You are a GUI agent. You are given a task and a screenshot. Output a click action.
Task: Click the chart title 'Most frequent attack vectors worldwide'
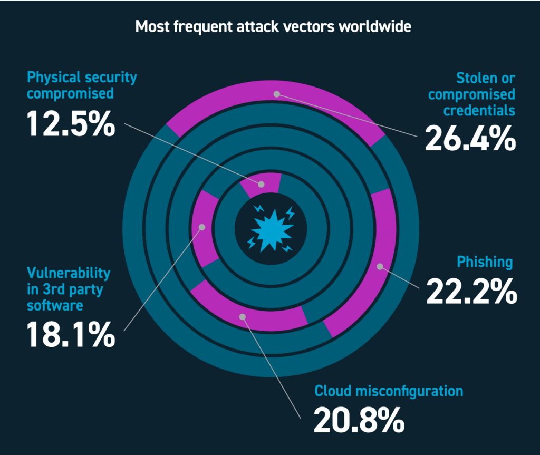(x=273, y=27)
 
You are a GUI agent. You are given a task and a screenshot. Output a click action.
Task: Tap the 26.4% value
(x=470, y=139)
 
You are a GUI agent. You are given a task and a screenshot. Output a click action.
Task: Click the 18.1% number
(x=70, y=334)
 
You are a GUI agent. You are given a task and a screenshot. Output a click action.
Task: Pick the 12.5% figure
(x=71, y=124)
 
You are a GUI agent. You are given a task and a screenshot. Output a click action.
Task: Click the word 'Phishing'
(x=485, y=262)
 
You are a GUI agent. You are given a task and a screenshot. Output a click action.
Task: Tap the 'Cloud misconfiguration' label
(x=389, y=391)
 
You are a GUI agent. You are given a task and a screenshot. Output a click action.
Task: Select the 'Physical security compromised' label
(x=82, y=85)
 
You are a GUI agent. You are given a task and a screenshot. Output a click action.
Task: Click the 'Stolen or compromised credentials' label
(x=471, y=94)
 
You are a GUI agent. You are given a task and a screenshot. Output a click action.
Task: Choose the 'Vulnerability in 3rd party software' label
(x=69, y=289)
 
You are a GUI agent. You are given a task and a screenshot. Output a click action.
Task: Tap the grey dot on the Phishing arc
(x=379, y=267)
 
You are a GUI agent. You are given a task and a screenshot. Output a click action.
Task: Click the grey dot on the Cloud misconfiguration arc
(x=242, y=317)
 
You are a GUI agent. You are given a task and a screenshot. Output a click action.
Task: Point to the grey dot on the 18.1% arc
(x=201, y=228)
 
